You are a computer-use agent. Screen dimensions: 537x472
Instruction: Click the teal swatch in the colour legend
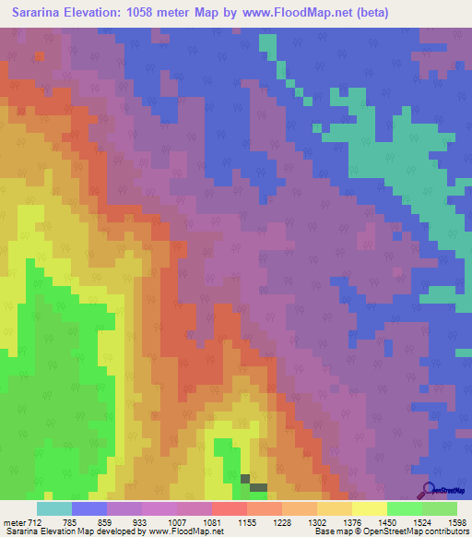pyautogui.click(x=54, y=508)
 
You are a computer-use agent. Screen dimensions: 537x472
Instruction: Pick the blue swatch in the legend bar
pyautogui.click(x=89, y=508)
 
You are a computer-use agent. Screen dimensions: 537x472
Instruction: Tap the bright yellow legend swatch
pyautogui.click(x=369, y=508)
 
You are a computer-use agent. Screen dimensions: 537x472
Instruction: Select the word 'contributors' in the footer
pyautogui.click(x=443, y=531)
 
